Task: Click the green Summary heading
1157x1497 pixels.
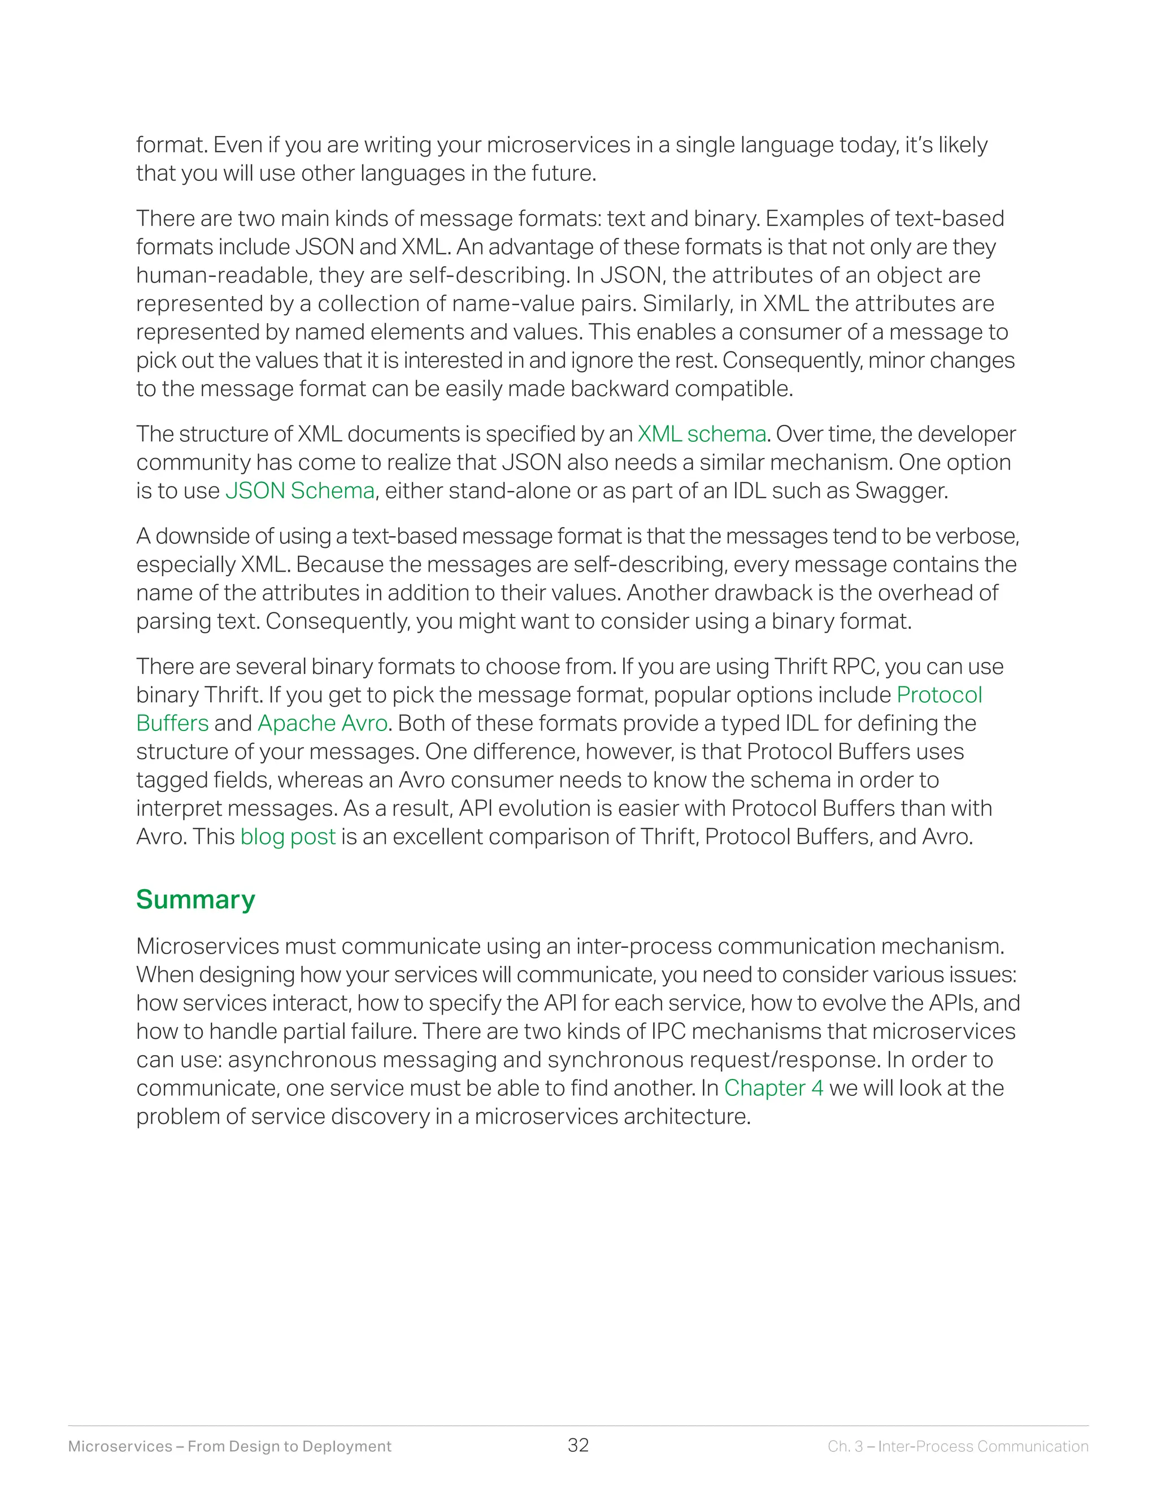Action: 195,899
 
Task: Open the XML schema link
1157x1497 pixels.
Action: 701,434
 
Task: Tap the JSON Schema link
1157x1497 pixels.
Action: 299,491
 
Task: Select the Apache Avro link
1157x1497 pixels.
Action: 322,723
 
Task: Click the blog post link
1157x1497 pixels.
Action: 288,837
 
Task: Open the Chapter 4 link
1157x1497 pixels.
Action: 773,1088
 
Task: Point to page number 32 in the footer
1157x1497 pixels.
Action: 578,1445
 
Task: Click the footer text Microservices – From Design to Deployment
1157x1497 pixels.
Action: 229,1446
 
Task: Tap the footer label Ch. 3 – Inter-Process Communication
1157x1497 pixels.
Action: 958,1446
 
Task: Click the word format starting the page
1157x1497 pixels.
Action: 171,145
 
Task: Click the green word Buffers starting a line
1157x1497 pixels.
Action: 172,723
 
